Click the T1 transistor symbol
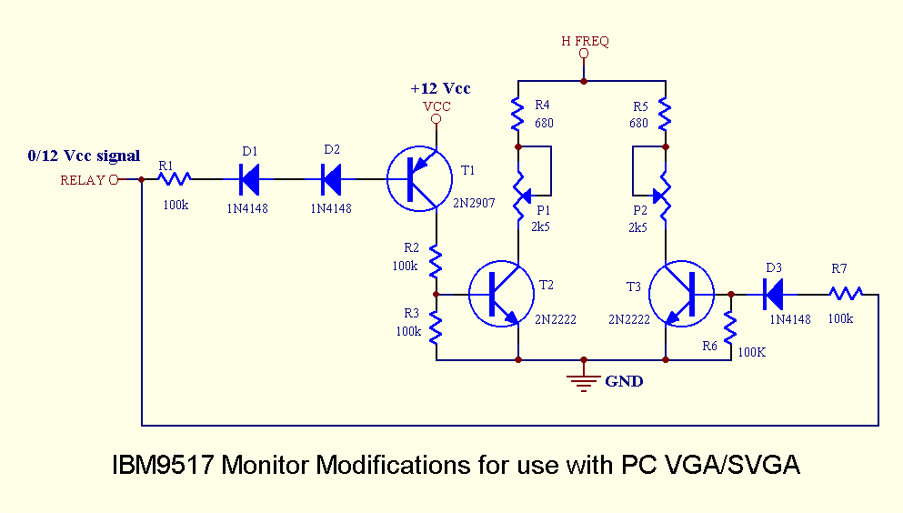(x=419, y=179)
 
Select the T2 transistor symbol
(x=501, y=293)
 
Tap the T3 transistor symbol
(x=683, y=293)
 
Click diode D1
(x=250, y=179)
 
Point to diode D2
(x=333, y=179)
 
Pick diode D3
(x=773, y=293)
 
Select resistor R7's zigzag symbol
(x=845, y=293)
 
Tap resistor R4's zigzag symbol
(x=517, y=114)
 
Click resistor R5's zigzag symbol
(x=666, y=114)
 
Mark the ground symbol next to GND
(x=584, y=381)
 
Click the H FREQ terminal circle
(x=584, y=55)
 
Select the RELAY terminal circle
(x=114, y=179)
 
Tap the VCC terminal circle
(x=436, y=119)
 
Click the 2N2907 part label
(x=474, y=203)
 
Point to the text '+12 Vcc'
(x=440, y=89)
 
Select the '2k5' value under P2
(x=637, y=227)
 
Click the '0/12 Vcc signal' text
(x=84, y=156)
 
